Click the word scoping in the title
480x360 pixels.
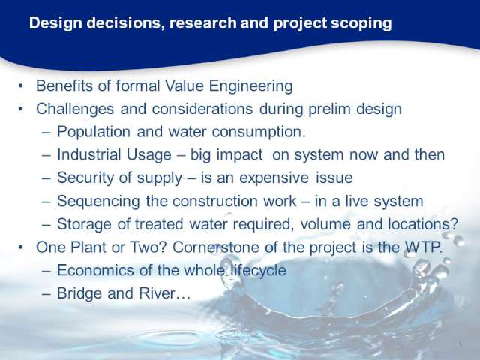[x=361, y=24]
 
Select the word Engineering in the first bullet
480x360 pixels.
[x=250, y=86]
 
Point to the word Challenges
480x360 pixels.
[x=75, y=109]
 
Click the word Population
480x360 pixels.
[x=94, y=132]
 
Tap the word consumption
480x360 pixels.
[x=259, y=132]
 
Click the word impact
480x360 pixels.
[x=239, y=155]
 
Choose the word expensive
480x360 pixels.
[x=274, y=178]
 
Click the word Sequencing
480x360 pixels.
[x=98, y=202]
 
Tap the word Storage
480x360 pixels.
[x=84, y=224]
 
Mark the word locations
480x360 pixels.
[x=423, y=224]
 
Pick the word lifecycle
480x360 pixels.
[x=258, y=270]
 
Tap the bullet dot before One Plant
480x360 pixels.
[x=20, y=247]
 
